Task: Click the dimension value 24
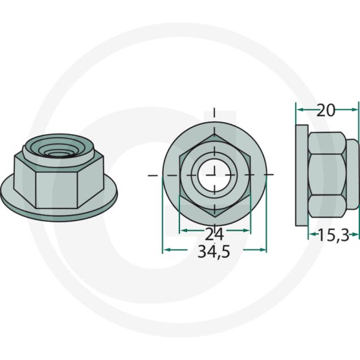[214, 234]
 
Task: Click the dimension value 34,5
[214, 252]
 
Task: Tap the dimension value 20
[326, 111]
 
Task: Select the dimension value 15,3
[333, 236]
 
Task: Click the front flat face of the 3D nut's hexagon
[56, 190]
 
